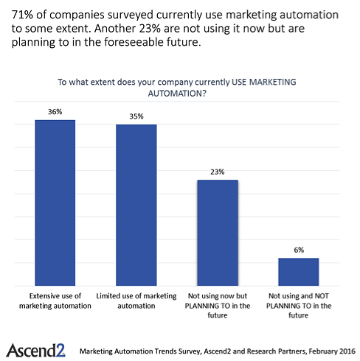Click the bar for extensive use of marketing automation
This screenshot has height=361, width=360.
(55, 203)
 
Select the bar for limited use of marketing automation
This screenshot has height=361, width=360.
(136, 205)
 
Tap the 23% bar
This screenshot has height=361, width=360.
(218, 233)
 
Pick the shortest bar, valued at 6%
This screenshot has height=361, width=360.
(299, 272)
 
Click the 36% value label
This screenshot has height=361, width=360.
(55, 112)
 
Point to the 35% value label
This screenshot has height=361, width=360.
(136, 116)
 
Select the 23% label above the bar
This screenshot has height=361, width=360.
(218, 172)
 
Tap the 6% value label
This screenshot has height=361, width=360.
(299, 250)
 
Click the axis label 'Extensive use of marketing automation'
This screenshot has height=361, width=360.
(55, 301)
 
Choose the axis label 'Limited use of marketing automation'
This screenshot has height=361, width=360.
(136, 301)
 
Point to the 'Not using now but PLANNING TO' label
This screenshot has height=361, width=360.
(218, 306)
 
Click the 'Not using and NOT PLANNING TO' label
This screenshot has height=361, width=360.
(299, 306)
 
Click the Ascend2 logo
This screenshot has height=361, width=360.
(35, 350)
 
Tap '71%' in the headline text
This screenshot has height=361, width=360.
(22, 15)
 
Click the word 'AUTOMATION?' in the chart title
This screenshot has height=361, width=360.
(177, 94)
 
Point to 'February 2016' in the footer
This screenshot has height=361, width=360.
(332, 351)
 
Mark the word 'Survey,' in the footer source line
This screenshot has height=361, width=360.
(190, 351)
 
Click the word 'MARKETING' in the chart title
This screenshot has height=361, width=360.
(273, 82)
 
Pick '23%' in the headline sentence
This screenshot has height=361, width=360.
(150, 29)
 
